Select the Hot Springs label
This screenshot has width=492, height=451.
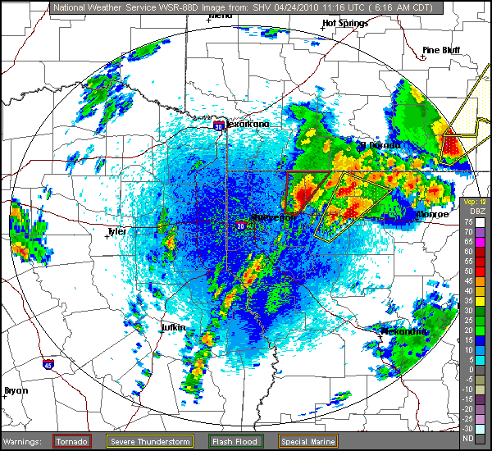(x=345, y=23)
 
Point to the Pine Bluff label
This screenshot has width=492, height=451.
(x=440, y=50)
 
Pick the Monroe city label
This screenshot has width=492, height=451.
(x=433, y=214)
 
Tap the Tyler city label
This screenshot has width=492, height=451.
(x=117, y=231)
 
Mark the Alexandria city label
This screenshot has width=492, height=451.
(x=405, y=331)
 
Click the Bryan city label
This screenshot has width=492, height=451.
(x=16, y=390)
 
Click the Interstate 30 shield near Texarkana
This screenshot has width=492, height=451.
(x=219, y=126)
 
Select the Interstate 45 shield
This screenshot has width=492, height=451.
(x=48, y=362)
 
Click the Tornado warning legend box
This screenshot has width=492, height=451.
(x=71, y=441)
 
